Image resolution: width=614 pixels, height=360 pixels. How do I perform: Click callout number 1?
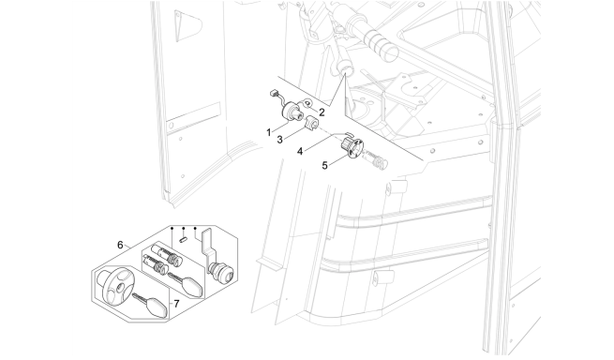[x=269, y=132]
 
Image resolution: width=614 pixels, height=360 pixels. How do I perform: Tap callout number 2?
[x=322, y=112]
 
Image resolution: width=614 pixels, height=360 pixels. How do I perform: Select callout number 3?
[x=279, y=140]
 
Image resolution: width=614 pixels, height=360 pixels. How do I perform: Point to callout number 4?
[x=300, y=151]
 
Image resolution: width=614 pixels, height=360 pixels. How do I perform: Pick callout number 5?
[x=324, y=165]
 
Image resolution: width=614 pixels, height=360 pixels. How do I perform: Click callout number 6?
[x=120, y=245]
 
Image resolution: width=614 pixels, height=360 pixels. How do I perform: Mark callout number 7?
[x=176, y=304]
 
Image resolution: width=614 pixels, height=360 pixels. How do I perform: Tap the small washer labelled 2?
[x=307, y=103]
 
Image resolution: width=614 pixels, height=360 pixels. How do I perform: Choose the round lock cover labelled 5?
[x=352, y=148]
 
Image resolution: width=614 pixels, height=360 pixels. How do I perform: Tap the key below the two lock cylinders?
[x=187, y=285]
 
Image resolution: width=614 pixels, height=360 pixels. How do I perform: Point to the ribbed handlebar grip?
[x=381, y=45]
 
